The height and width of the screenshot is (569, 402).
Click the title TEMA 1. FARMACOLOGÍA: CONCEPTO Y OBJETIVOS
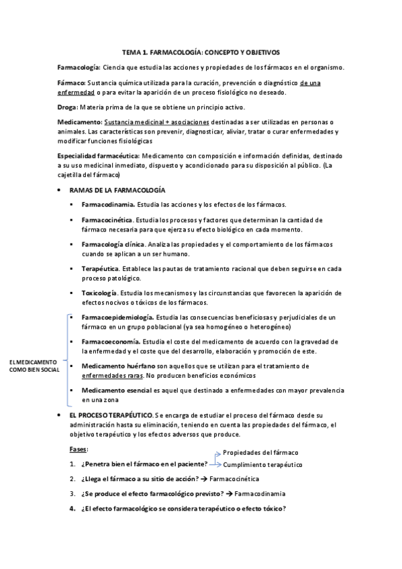click(x=201, y=52)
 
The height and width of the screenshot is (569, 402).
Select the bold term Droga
click(x=68, y=107)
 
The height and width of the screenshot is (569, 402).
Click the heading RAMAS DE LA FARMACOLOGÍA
click(x=117, y=191)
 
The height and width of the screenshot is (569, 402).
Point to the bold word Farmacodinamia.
click(x=107, y=204)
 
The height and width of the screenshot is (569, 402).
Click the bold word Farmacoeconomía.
click(x=111, y=342)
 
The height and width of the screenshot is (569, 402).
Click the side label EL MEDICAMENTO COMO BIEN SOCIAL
click(x=33, y=366)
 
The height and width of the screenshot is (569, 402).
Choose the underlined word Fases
click(x=78, y=449)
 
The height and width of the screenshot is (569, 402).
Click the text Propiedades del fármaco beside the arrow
click(x=260, y=453)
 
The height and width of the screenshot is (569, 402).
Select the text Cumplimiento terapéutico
click(x=262, y=464)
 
